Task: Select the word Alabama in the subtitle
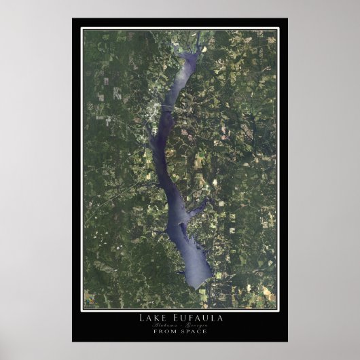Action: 167,325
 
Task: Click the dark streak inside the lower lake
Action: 182,224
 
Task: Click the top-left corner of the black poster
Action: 73,19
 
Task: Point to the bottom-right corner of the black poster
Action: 287,341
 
